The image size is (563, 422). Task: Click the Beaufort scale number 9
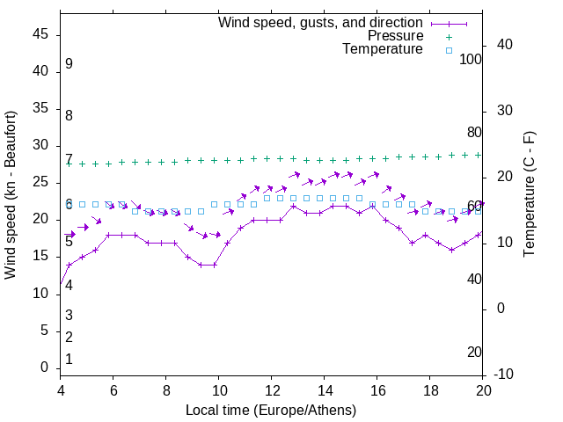tap(69, 64)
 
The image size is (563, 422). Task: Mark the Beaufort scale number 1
tap(69, 360)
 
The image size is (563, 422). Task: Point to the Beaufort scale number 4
tap(69, 285)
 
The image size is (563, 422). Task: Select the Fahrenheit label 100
tap(471, 60)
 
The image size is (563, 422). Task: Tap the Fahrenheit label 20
tap(474, 353)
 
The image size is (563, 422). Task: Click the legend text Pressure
tap(395, 36)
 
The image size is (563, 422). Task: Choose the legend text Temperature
tap(383, 49)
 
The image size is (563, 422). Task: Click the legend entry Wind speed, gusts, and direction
tap(320, 23)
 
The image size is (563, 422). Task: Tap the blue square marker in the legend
tap(449, 50)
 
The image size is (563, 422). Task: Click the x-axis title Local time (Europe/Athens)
tap(272, 411)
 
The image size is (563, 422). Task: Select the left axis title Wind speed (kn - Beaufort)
tap(11, 195)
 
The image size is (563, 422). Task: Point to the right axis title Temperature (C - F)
tap(529, 195)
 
